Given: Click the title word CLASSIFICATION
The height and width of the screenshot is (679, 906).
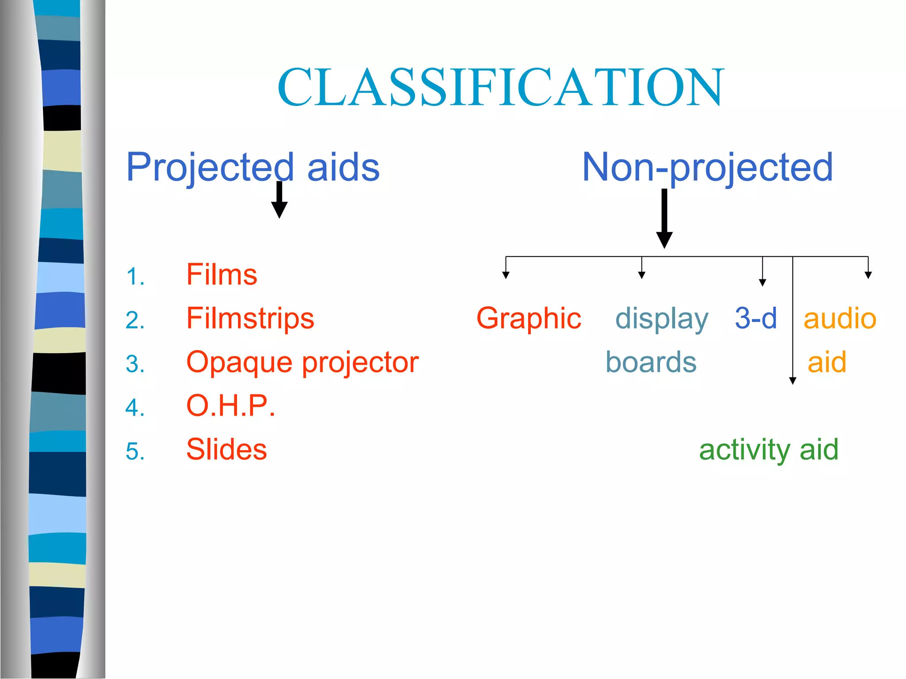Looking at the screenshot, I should [x=500, y=87].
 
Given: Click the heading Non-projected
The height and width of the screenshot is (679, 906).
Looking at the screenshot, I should [x=707, y=168].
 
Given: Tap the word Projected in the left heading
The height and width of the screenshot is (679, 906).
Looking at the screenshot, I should [x=210, y=168].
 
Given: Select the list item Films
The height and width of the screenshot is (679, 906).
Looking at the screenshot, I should [x=222, y=275].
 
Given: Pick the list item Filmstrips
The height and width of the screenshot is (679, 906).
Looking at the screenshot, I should [x=250, y=319].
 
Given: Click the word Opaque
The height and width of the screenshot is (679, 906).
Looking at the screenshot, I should [x=239, y=362].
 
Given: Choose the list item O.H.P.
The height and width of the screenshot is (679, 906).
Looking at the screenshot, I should [x=230, y=406].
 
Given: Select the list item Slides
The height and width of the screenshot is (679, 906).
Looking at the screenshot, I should [x=226, y=450].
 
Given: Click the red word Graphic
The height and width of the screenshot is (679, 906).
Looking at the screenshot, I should [x=529, y=319].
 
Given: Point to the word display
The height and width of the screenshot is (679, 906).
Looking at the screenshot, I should [x=662, y=319].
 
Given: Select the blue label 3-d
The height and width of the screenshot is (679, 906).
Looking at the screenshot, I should [x=756, y=319].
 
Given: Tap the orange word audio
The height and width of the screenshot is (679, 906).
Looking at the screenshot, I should [x=840, y=319].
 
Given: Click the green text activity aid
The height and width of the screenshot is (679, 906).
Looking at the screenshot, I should [x=768, y=450].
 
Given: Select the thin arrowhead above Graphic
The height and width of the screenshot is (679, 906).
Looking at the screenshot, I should [x=506, y=275].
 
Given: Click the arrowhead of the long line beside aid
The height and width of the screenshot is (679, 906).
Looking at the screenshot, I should [x=793, y=381].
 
